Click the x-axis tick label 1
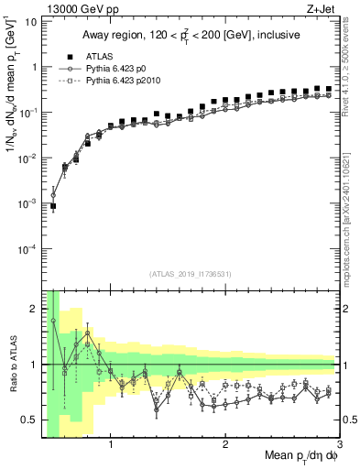coord(111,445)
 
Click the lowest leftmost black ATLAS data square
coord(53,206)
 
